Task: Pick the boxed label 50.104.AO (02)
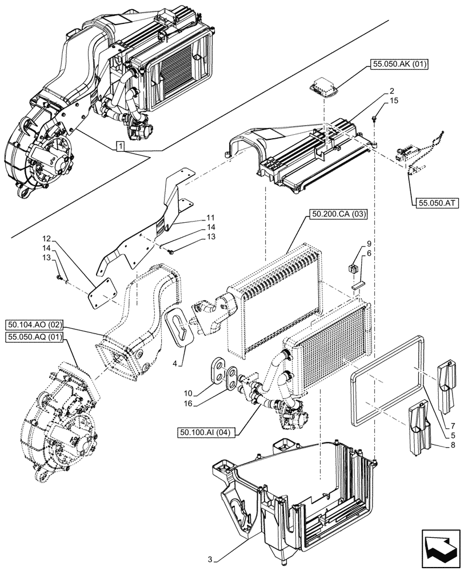(35, 325)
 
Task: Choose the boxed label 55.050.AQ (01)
(35, 338)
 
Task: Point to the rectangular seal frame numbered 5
(389, 379)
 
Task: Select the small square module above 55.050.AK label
(323, 87)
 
